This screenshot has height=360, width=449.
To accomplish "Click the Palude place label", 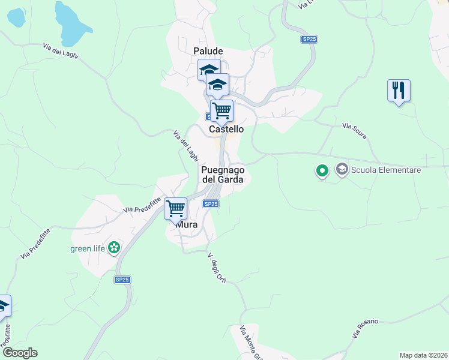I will point(208,52).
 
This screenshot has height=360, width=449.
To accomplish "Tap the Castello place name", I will point(226,129).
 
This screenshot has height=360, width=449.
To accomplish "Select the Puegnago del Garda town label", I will point(222,175).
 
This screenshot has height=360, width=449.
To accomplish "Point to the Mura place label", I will point(186,224).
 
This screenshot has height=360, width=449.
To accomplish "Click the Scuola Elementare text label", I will point(387,170).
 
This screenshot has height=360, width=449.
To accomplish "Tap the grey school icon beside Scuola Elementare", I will point(342,170).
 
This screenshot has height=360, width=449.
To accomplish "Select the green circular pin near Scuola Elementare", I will point(322,171).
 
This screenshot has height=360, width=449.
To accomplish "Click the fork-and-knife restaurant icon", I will point(398,91).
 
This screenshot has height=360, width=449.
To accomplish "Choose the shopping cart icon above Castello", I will point(221,110).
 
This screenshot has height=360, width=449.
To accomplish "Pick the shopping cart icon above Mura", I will point(175,209).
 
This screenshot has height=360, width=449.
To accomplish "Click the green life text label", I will point(88,248).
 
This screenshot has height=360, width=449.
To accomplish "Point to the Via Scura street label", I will point(354,126).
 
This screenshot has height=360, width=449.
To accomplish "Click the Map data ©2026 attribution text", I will point(423,355).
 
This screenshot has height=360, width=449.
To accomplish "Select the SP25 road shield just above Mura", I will point(210,204).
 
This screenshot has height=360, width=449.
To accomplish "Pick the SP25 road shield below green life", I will point(122,280).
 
